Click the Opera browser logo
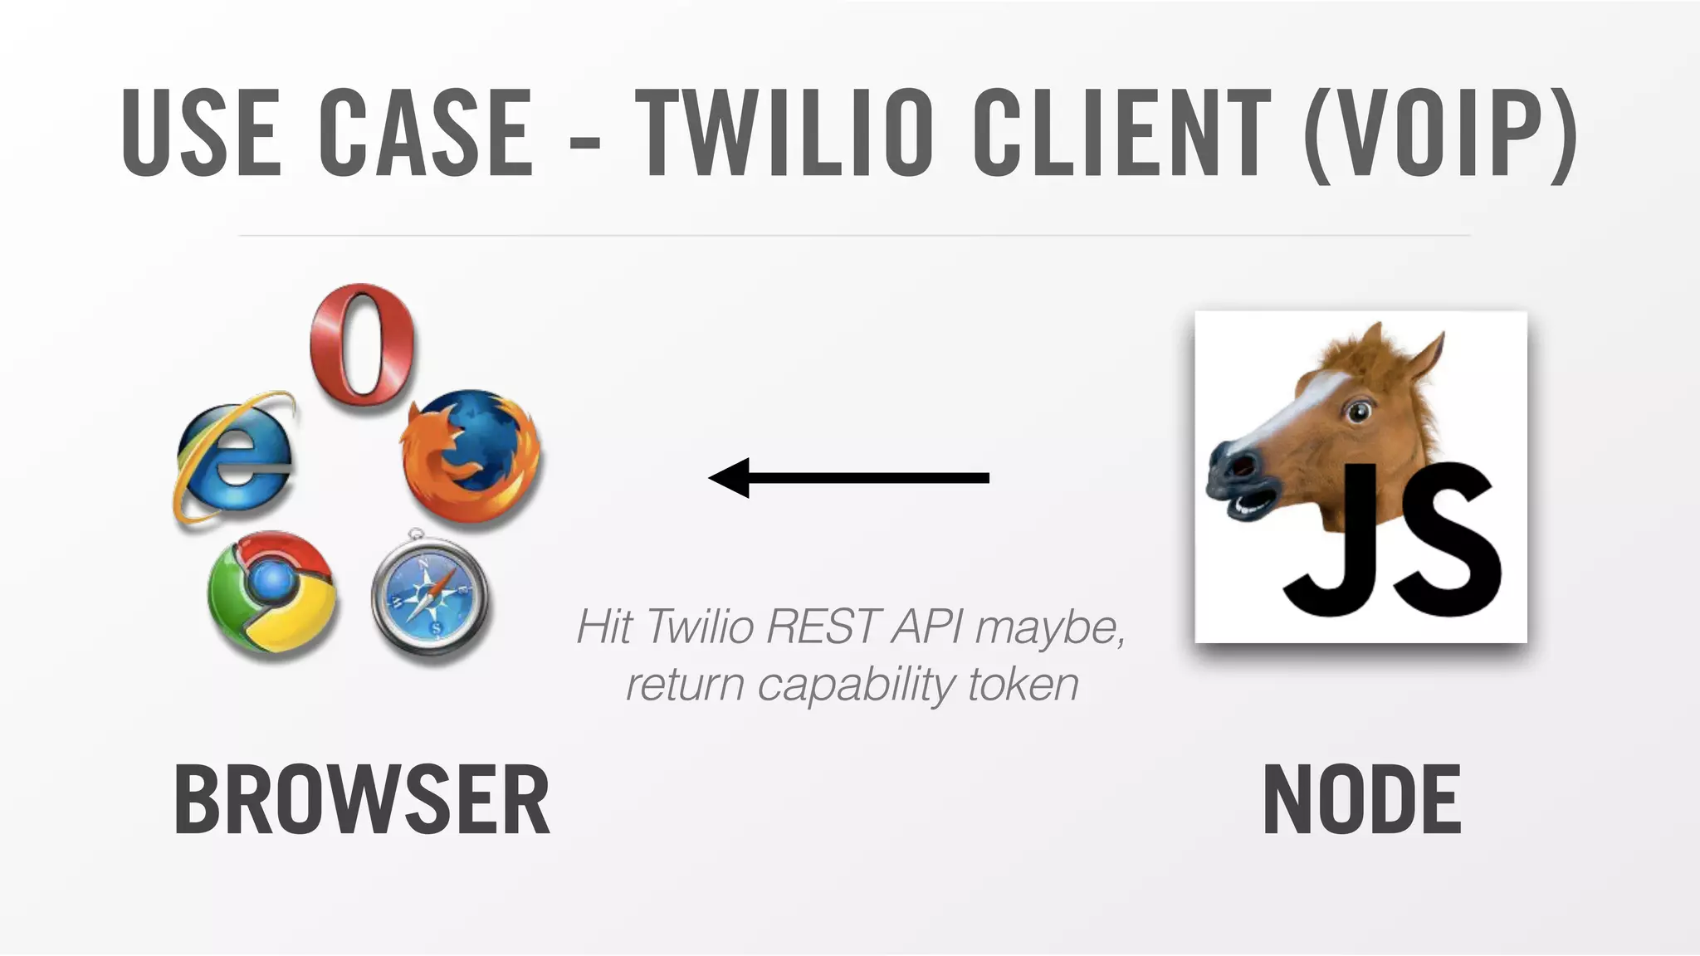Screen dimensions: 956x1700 coord(363,344)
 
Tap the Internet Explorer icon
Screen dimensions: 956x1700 coord(235,459)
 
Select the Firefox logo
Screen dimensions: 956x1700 coord(471,456)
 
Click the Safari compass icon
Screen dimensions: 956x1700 coord(429,594)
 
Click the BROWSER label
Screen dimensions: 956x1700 coord(362,800)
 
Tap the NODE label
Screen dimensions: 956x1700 coord(1361,800)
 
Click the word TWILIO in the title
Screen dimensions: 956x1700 coord(784,133)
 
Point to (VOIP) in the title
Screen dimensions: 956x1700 coord(1440,133)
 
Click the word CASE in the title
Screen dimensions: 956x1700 coord(426,133)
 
